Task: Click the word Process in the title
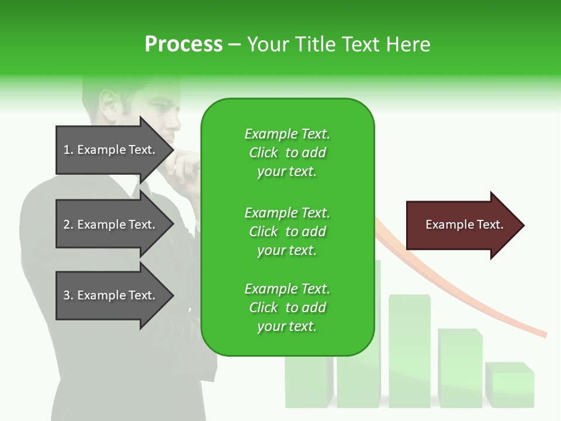tap(183, 44)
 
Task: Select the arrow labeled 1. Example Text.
tap(111, 150)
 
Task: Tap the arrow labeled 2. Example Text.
tap(111, 225)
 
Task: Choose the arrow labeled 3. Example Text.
tap(111, 295)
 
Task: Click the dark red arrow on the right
tap(462, 225)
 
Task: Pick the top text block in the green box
tap(287, 153)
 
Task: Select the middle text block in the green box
tap(287, 231)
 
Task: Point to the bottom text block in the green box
tap(287, 308)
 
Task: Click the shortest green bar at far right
tap(510, 386)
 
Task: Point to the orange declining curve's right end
tap(543, 334)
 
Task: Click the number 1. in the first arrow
tap(68, 150)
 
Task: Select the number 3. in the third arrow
tap(68, 295)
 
